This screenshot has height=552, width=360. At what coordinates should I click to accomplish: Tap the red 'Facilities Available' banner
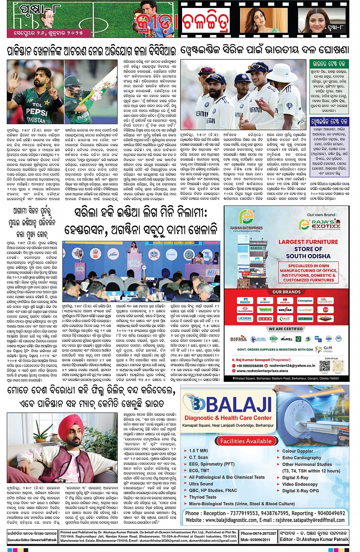[246, 441]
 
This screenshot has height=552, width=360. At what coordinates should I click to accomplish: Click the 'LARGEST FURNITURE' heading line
[308, 242]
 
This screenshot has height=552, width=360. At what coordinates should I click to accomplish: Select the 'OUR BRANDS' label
[286, 292]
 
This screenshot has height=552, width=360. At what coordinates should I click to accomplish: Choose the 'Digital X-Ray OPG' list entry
[301, 491]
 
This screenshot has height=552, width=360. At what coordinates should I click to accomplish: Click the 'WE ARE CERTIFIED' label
[286, 329]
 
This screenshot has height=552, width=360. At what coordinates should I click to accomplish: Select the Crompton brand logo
[305, 301]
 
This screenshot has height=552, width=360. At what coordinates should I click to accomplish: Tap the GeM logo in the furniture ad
[327, 348]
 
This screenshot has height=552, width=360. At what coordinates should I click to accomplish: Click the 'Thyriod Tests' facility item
[202, 497]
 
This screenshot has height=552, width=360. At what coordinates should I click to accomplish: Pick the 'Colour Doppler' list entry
[298, 451]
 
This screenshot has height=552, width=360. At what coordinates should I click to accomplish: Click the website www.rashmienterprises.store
[262, 371]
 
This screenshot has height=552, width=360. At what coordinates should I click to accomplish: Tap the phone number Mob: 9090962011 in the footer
[255, 539]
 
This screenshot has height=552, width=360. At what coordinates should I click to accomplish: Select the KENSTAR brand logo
[285, 310]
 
